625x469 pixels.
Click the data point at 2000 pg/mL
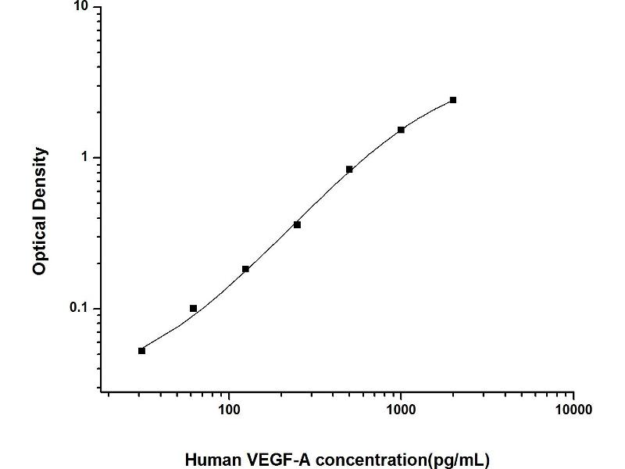453,100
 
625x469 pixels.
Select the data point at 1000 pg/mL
401,130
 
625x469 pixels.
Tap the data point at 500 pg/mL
349,169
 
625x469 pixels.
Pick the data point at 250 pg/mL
297,224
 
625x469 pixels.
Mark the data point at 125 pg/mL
245,269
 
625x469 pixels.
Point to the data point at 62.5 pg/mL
193,308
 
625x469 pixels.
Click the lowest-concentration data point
141,350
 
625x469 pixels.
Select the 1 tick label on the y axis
87,158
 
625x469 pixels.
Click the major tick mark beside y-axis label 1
97,158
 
